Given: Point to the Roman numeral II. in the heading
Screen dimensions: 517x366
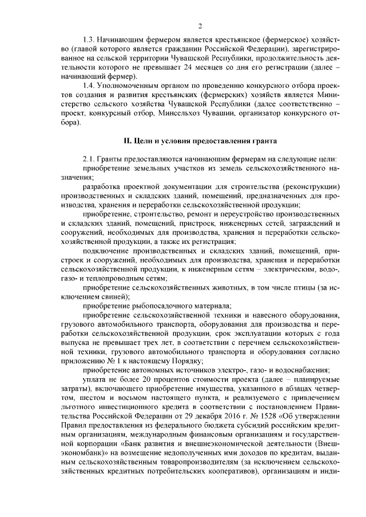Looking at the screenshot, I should [x=128, y=140].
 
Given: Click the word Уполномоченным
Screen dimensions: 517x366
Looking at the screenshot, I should [x=127, y=85].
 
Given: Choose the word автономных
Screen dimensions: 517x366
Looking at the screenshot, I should [x=152, y=370].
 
